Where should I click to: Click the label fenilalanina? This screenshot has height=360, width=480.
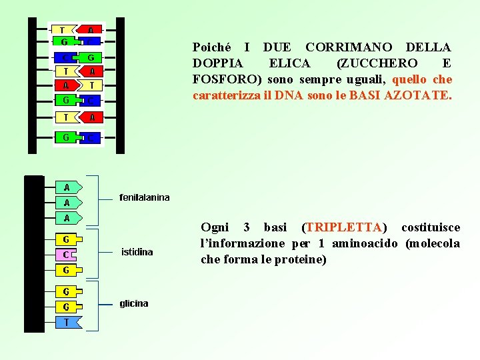pyautogui.click(x=144, y=197)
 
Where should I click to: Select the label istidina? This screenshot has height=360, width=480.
pyautogui.click(x=137, y=252)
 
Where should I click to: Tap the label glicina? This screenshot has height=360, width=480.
pyautogui.click(x=134, y=303)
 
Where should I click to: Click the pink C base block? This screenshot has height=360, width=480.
pyautogui.click(x=66, y=255)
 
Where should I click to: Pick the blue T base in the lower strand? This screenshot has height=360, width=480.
pyautogui.click(x=67, y=322)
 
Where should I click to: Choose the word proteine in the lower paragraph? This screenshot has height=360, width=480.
pyautogui.click(x=303, y=259)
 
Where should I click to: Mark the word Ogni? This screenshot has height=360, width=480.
pyautogui.click(x=215, y=227)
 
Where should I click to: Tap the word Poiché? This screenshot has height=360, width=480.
pyautogui.click(x=212, y=47)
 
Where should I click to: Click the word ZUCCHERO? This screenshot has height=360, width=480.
pyautogui.click(x=377, y=63)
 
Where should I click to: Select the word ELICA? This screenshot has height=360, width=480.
pyautogui.click(x=289, y=63)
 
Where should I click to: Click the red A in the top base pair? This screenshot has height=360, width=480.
pyautogui.click(x=91, y=30)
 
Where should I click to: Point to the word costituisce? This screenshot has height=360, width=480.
pyautogui.click(x=430, y=227)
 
